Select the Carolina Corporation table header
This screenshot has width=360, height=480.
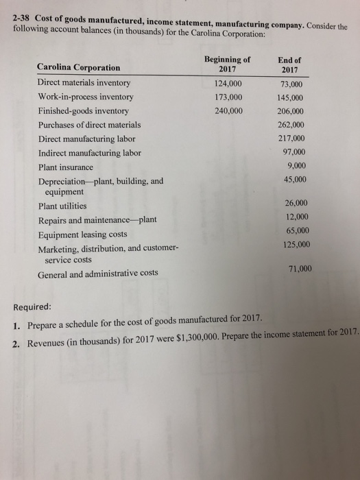tap(77, 67)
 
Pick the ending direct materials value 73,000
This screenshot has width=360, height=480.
tap(291, 83)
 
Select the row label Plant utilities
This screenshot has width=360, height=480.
tap(62, 206)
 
